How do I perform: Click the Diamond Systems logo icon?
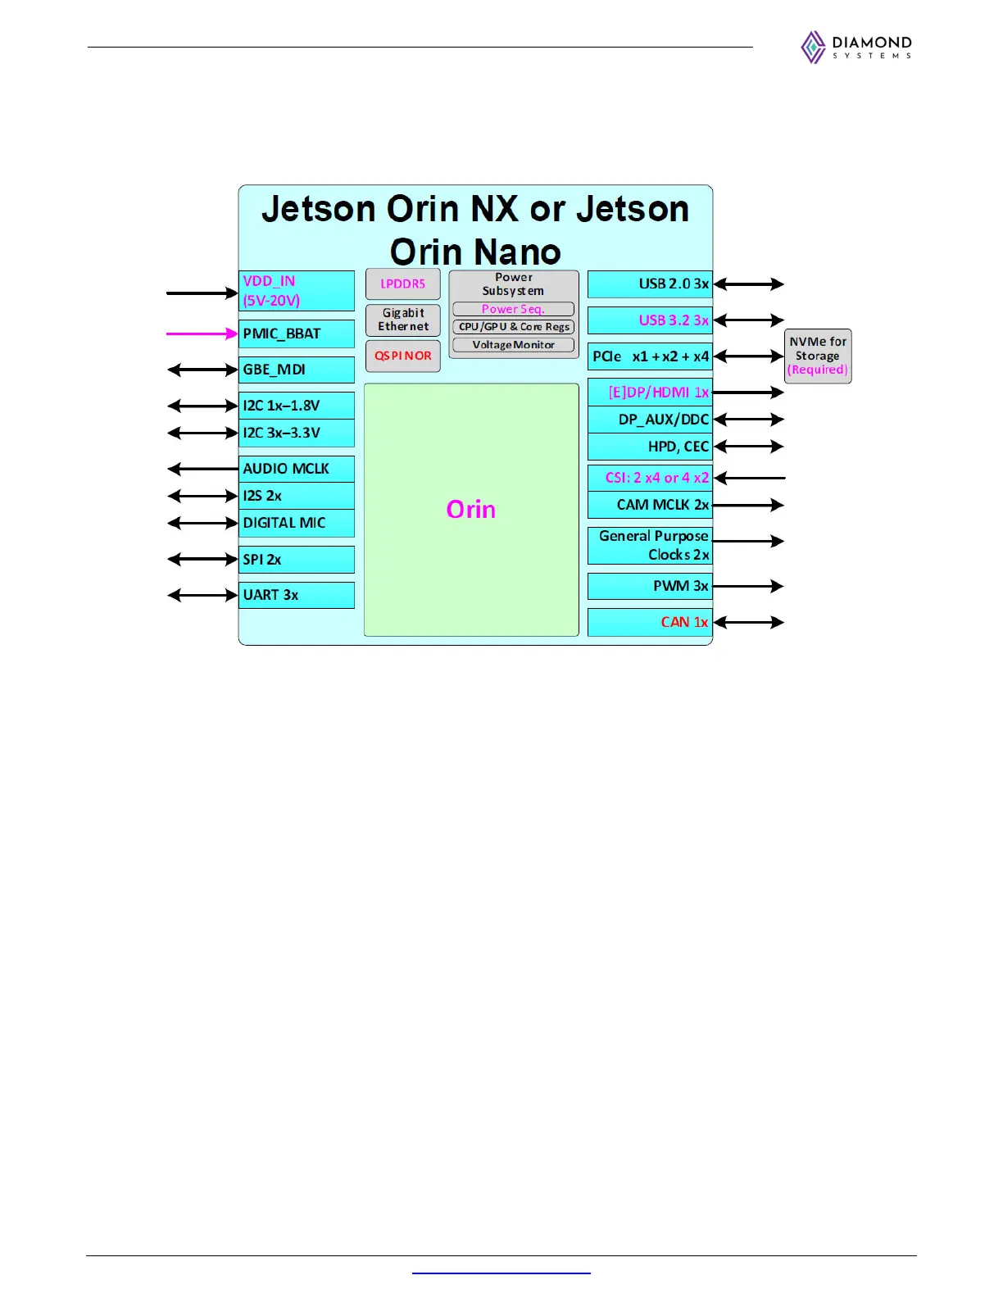click(x=813, y=48)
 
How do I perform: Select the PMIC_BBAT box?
click(x=297, y=334)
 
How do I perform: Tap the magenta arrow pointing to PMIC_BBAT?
click(x=202, y=334)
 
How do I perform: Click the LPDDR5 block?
click(x=402, y=284)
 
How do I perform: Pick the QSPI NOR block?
click(x=402, y=356)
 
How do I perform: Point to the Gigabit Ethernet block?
click(x=402, y=320)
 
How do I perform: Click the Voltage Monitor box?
click(x=513, y=345)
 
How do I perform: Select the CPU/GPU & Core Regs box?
click(x=513, y=327)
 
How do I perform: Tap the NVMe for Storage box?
click(x=818, y=356)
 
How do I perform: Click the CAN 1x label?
click(x=684, y=622)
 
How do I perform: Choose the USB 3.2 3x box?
click(x=650, y=320)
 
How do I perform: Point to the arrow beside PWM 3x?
click(x=748, y=586)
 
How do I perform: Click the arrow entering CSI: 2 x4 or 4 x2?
click(x=749, y=478)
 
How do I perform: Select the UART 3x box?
click(x=297, y=595)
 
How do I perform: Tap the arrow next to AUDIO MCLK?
click(x=202, y=469)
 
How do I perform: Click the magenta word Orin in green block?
click(x=471, y=510)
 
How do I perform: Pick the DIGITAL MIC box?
click(x=297, y=523)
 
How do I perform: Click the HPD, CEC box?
click(x=650, y=447)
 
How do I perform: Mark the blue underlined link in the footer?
click(x=501, y=1273)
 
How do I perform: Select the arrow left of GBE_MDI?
click(x=202, y=370)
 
